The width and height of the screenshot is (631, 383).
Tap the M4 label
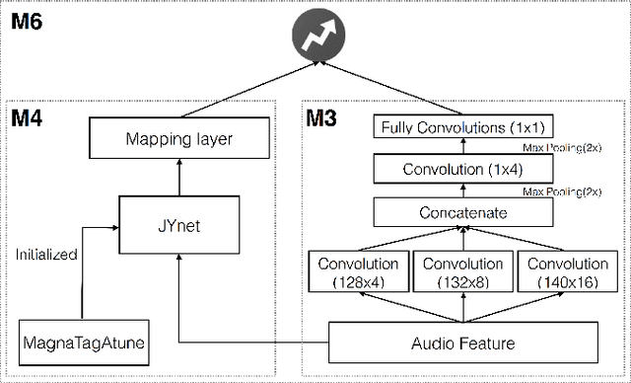point(31,119)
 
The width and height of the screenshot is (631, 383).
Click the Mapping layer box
point(178,139)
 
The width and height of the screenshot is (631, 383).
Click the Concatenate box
point(461,212)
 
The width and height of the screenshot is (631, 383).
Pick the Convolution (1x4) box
point(461,169)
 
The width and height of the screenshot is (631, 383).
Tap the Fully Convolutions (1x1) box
point(461,126)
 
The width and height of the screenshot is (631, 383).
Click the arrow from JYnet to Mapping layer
point(178,177)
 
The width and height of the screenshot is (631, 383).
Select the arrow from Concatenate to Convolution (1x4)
point(461,191)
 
